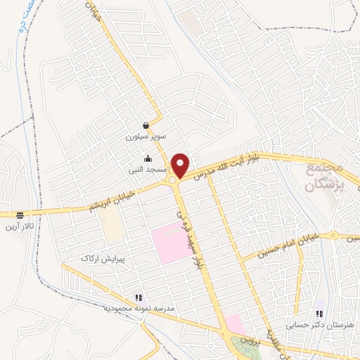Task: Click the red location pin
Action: coord(181,165)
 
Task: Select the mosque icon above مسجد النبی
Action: coord(148,159)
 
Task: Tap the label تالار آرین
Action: coord(20,226)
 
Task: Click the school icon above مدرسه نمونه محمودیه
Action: coord(139,298)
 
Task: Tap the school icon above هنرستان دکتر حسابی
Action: coord(319,314)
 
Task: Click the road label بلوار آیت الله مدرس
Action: coord(232,166)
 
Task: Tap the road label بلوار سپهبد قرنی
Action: coord(190,232)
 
